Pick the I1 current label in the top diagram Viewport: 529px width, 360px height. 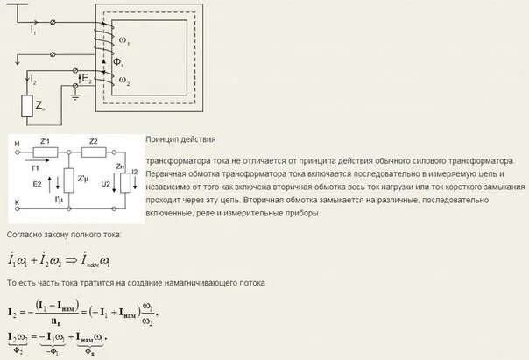coord(33,31)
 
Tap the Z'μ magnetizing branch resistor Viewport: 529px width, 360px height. coord(69,181)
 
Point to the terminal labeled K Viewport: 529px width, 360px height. coord(17,202)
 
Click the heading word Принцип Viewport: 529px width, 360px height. coord(164,140)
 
